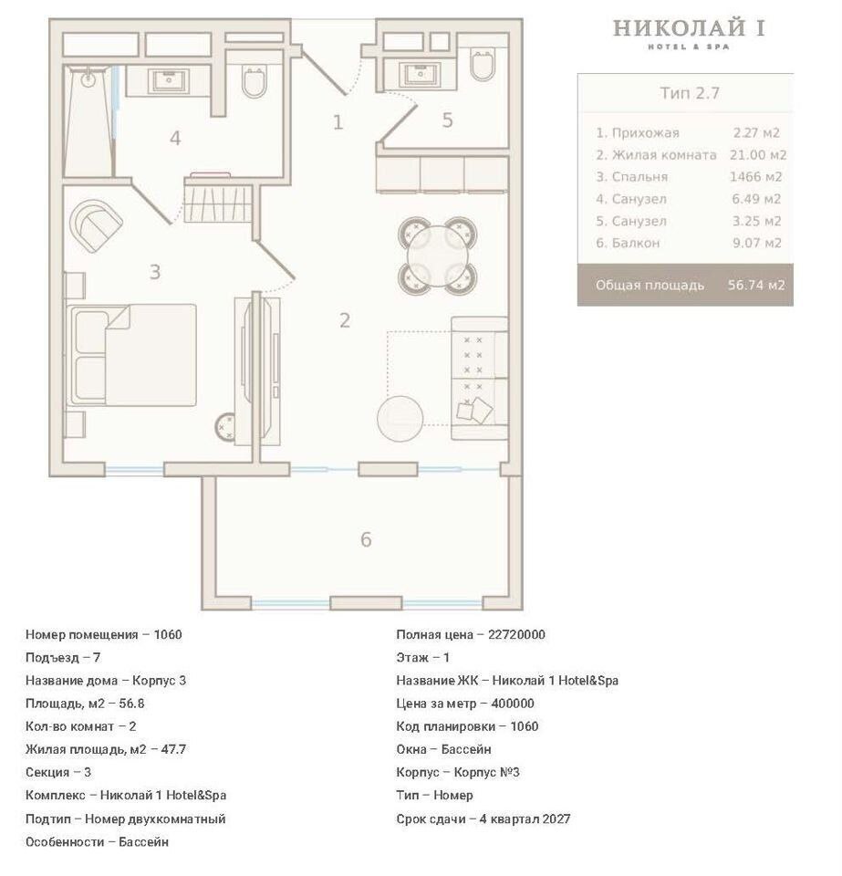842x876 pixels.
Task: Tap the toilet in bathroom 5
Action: pos(483,66)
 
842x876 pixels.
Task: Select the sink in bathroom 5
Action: pos(420,74)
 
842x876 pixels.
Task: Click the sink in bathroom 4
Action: pos(168,80)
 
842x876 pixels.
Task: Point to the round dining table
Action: pos(438,255)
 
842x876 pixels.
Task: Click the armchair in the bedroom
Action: pos(96,225)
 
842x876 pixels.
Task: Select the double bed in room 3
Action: pos(131,355)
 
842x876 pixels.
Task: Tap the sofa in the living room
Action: pos(480,378)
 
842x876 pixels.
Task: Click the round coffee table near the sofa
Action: pos(400,419)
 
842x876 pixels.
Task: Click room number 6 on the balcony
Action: pos(366,539)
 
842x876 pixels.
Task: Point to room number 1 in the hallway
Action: pos(338,121)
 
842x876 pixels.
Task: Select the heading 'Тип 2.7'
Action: pos(690,93)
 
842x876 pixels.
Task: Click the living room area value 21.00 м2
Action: pos(758,155)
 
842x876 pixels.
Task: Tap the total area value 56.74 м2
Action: pos(756,285)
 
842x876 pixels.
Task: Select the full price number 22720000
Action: pos(516,635)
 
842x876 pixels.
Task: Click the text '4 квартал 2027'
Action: pos(525,819)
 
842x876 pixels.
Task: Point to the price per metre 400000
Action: pos(512,704)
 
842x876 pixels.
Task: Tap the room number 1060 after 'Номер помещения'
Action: pos(168,635)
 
